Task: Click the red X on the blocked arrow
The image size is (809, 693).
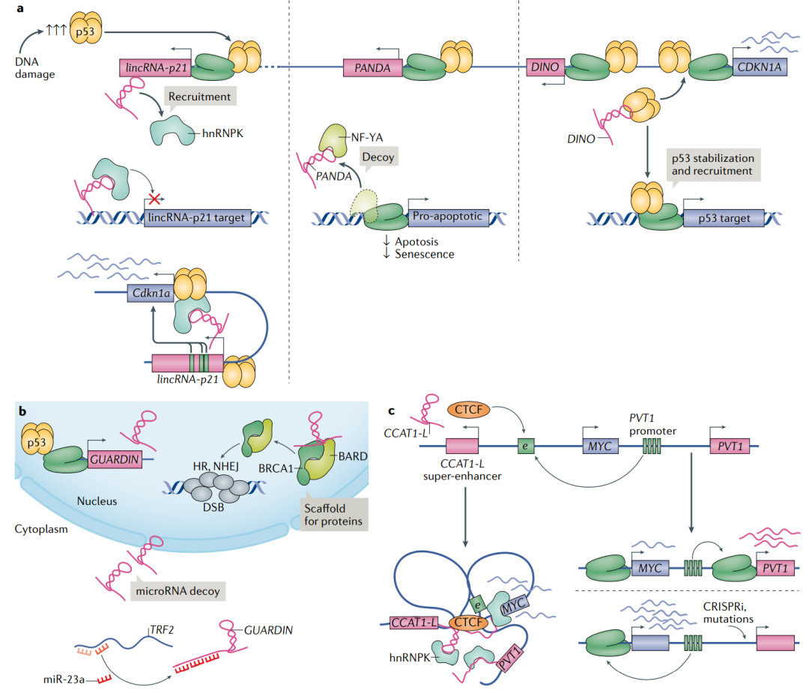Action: tap(154, 199)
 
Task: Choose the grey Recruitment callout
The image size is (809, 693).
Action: tap(199, 97)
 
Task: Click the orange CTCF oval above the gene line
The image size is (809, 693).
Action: tap(468, 410)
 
